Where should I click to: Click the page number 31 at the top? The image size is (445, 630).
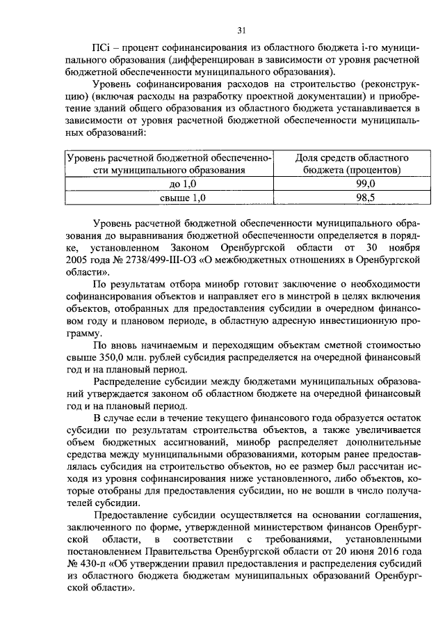tap(241, 30)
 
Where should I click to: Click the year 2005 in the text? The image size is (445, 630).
tap(76, 259)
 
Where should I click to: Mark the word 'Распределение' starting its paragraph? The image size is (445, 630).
tap(131, 382)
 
